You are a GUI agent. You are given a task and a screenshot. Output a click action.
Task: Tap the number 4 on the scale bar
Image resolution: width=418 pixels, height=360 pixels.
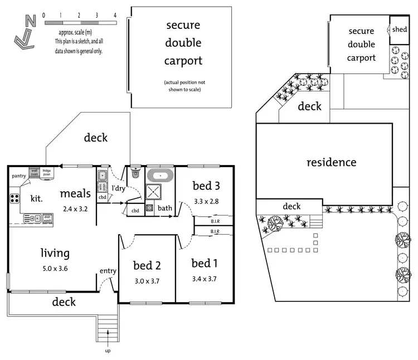[115, 15]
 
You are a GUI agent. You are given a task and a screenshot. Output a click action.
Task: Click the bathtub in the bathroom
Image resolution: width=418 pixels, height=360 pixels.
[161, 175]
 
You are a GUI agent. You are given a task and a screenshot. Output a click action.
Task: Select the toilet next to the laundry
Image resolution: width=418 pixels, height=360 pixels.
[135, 173]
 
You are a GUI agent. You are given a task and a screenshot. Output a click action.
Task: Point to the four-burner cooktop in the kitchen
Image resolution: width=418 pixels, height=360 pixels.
[14, 199]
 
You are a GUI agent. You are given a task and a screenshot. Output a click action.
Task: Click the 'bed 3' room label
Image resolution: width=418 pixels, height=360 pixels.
[206, 186]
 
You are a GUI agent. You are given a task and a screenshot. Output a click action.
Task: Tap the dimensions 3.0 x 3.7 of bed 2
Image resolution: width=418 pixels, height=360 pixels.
[147, 281]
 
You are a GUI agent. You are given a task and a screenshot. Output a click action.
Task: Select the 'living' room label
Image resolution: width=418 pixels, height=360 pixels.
[55, 254]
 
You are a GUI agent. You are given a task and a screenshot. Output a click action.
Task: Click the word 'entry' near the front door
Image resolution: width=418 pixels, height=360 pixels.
[108, 271]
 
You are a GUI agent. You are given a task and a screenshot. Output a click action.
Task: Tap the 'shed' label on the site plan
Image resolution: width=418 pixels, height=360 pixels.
[399, 29]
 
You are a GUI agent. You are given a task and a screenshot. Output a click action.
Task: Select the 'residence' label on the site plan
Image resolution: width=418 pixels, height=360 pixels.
[331, 162]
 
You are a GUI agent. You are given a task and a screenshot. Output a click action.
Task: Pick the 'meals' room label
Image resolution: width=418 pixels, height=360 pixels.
[75, 193]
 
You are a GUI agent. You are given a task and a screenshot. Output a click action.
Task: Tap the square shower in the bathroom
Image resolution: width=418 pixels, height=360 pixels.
[155, 193]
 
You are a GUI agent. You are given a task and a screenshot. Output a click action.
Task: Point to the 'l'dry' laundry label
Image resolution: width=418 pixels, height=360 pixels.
[118, 188]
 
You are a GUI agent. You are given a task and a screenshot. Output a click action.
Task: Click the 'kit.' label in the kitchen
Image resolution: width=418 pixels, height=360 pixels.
[36, 198]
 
